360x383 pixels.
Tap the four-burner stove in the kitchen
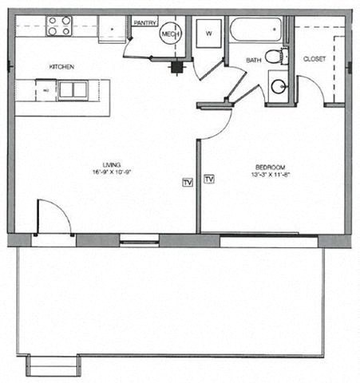point(58,26)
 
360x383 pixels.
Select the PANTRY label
point(144,23)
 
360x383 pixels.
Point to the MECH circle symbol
point(169,34)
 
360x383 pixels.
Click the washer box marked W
point(209,34)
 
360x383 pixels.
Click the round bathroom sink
point(279,85)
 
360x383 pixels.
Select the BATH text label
point(254,61)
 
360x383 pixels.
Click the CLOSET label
point(314,60)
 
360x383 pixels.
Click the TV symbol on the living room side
point(188,182)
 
